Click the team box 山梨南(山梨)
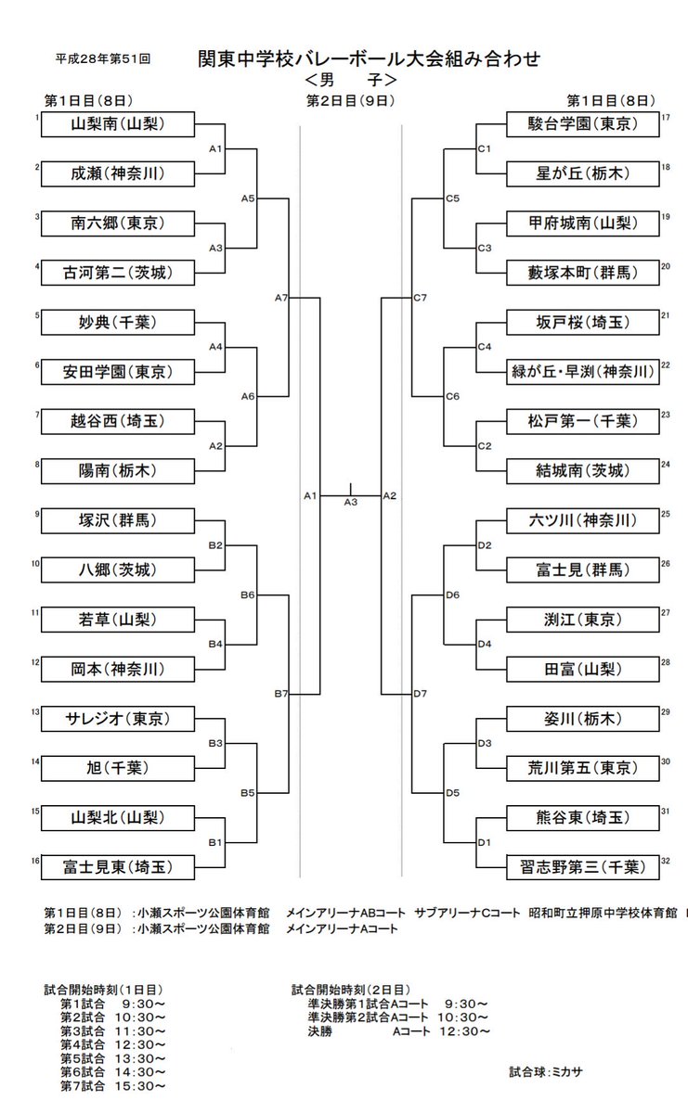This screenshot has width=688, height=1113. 118,123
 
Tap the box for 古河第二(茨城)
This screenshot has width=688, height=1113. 118,273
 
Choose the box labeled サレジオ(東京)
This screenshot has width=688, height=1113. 118,718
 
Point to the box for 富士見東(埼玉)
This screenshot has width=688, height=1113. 118,867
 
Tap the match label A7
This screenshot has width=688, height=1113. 282,298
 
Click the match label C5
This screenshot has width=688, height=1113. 452,198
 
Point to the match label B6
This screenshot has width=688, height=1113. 248,595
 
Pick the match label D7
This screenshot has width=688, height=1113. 419,693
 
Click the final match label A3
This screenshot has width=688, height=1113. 350,503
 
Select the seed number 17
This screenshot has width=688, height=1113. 666,118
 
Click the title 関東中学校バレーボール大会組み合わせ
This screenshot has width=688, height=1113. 369,59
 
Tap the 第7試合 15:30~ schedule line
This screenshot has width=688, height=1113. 113,1086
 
